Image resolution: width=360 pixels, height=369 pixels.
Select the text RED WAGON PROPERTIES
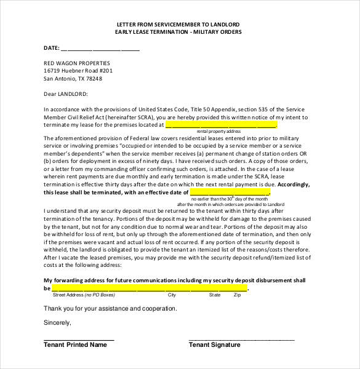click(77, 63)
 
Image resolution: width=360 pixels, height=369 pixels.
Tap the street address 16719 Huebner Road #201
click(78, 71)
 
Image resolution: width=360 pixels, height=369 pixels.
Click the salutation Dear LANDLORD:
click(66, 94)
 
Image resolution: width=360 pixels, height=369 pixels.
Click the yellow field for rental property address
click(221, 124)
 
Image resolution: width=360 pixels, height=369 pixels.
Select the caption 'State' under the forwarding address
click(215, 295)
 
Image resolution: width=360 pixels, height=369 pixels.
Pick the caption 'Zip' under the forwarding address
click(236, 295)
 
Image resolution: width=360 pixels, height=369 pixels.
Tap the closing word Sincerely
click(58, 322)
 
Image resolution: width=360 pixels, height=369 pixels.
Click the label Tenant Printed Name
click(75, 345)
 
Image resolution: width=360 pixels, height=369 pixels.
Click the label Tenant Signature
click(214, 345)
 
